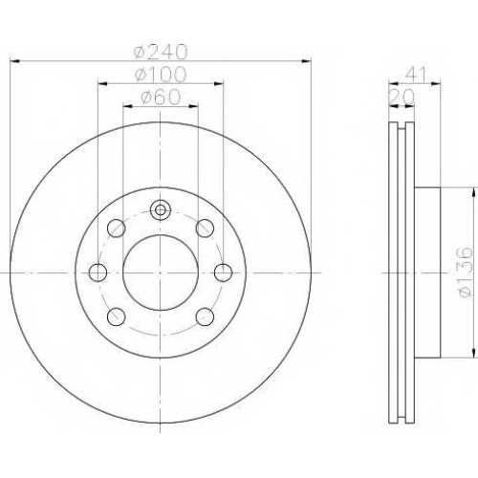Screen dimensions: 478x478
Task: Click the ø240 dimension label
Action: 161,52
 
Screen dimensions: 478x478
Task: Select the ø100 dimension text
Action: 161,75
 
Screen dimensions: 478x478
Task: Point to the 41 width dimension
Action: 415,75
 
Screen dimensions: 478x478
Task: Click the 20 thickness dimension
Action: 402,97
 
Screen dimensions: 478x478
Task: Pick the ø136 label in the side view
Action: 464,272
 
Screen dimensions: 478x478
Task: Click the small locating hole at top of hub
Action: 161,210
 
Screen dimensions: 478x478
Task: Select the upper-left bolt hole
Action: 117,228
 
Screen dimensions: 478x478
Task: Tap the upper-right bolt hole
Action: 205,228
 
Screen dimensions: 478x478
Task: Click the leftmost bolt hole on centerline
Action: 98,272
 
